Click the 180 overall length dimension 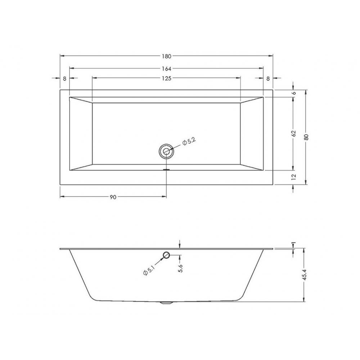(x=167, y=56)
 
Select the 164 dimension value (x=167, y=68)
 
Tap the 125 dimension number (x=167, y=78)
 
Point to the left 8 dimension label (x=64, y=78)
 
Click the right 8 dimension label (x=268, y=78)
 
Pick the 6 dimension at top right (x=294, y=93)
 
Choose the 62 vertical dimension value (x=294, y=134)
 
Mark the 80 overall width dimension (x=306, y=137)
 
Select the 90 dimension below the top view (x=113, y=197)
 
